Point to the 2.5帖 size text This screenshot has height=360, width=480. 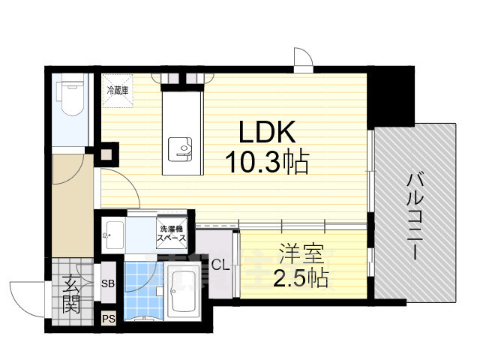coord(300,278)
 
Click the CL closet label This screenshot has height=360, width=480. coord(220,264)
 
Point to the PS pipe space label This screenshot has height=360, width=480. coord(108,319)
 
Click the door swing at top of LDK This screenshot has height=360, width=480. coord(302,58)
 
